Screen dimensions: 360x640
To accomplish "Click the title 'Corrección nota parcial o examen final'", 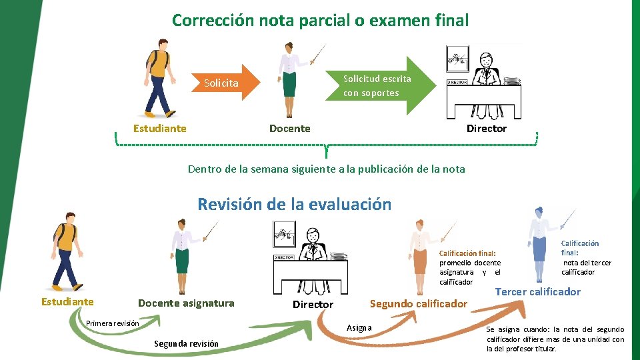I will point(320,21).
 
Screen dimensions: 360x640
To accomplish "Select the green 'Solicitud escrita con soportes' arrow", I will point(377,85).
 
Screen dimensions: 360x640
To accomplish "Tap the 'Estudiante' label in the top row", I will point(159,128).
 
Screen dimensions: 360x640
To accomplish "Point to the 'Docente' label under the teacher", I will point(289,128).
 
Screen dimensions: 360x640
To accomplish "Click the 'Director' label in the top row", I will point(486,128).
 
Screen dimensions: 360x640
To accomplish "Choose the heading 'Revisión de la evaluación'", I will point(294,204).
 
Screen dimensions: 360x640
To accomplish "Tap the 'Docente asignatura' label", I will point(186,303).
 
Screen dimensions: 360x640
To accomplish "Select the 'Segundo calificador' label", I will point(418,304).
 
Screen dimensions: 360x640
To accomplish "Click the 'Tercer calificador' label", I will point(537,291).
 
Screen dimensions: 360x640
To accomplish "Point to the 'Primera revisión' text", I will point(113,323).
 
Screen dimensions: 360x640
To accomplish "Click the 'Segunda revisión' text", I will point(186,343).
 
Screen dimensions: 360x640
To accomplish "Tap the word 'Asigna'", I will point(359,327).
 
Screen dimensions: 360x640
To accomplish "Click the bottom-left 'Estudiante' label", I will point(67,301).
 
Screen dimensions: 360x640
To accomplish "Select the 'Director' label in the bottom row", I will point(313,305).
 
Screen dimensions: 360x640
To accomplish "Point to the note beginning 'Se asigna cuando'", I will point(555,339).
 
